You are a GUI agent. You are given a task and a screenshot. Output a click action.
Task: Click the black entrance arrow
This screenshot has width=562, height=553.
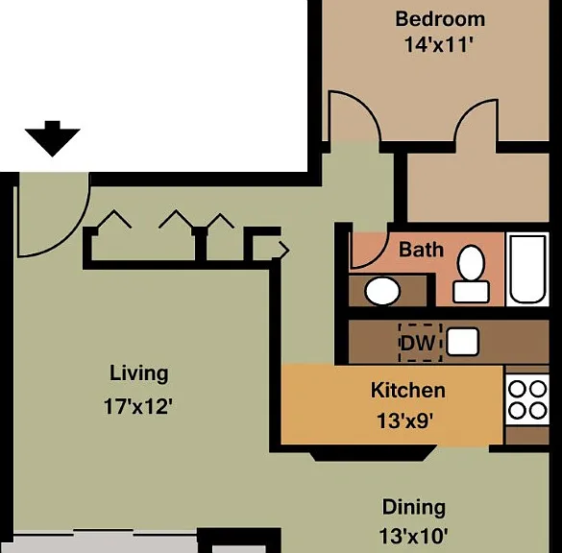pos(52,139)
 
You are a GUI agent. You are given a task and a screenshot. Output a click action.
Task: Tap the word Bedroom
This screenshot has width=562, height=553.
pos(440,19)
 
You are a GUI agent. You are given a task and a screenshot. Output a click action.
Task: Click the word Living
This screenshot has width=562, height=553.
pos(138,373)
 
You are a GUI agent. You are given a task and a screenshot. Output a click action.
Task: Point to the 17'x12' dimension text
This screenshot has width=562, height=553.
pos(138,407)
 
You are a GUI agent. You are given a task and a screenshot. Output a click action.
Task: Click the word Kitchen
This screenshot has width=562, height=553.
pos(408,390)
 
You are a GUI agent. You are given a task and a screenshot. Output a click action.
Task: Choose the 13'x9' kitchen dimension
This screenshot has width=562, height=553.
pos(405,421)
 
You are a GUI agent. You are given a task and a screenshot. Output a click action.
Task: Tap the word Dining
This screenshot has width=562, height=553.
pos(414,508)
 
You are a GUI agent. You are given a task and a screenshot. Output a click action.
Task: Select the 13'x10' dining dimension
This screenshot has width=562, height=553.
pos(413,537)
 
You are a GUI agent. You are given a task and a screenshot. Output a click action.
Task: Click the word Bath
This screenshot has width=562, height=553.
pos(421,250)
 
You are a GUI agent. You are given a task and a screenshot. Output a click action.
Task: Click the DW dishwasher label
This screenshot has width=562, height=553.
pos(418,343)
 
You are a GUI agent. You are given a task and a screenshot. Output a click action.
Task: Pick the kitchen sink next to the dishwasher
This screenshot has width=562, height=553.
pos(463,342)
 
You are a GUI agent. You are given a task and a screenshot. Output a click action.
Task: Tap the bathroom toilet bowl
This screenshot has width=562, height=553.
pos(471,263)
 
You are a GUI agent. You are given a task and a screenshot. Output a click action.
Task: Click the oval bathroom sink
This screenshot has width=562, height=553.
pos(382,291)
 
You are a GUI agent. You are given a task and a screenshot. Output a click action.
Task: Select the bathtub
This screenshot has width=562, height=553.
pos(527,270)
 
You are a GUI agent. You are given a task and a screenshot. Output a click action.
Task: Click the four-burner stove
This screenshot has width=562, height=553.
pos(527,399)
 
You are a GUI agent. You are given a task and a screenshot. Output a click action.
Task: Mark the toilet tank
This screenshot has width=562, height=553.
pos(471,292)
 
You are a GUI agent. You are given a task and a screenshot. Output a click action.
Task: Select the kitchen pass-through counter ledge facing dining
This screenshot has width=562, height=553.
pos(373,453)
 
